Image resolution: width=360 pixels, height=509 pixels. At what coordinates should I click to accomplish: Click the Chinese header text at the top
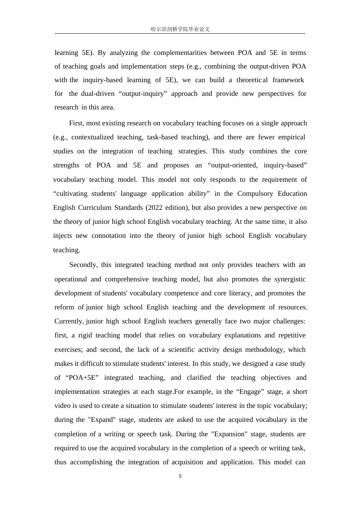click(x=180, y=29)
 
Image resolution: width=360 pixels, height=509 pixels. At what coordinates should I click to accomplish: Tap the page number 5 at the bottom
click(x=180, y=476)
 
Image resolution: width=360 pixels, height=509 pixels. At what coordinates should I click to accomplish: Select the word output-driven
click(x=270, y=66)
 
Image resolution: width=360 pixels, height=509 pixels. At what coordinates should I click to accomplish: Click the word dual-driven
click(x=98, y=94)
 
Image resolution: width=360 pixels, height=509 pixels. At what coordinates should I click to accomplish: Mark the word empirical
click(x=292, y=137)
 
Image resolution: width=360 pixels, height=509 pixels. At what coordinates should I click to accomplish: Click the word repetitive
click(x=292, y=335)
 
